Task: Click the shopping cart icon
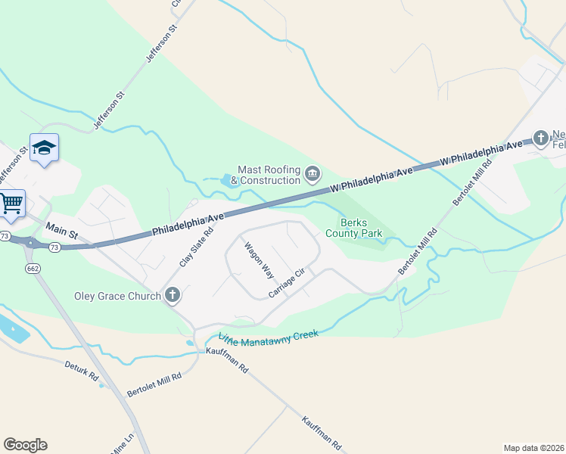click(x=11, y=203)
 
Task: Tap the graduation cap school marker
click(x=44, y=147)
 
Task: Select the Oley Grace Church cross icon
click(x=173, y=295)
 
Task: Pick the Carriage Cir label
click(x=286, y=282)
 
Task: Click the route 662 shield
click(x=33, y=268)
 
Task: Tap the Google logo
click(x=25, y=445)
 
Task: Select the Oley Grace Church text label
click(x=117, y=296)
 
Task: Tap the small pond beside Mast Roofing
click(x=226, y=181)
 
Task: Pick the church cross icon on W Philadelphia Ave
click(x=540, y=138)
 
